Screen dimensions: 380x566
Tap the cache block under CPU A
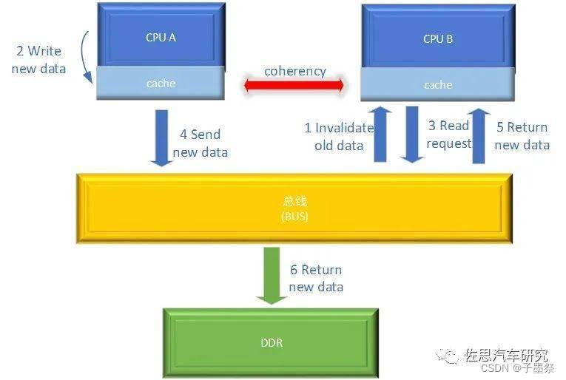161,83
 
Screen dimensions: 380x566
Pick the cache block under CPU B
438,85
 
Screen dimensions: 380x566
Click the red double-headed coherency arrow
294,86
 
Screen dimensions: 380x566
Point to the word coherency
294,71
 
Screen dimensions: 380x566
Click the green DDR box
272,342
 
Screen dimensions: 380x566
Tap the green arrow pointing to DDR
272,274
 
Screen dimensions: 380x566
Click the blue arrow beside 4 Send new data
161,138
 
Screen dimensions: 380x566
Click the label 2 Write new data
40,60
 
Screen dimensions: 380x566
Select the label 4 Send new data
201,143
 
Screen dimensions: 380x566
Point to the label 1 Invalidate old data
339,137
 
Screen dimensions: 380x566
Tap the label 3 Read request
448,135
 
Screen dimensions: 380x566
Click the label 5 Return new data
522,136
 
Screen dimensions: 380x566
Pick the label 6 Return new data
316,278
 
